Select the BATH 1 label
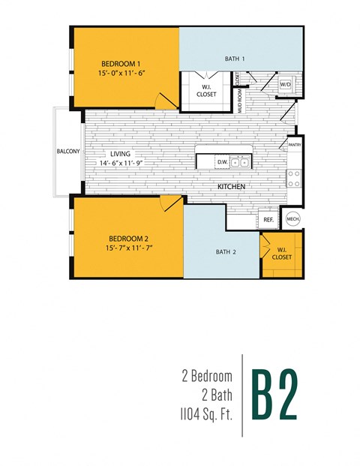pos(235,58)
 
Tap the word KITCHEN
pos(233,185)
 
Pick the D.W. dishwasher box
pos(222,161)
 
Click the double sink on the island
pos(240,161)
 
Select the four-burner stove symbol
pos(295,178)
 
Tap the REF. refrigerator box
pos(268,220)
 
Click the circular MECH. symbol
pos(293,220)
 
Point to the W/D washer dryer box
pos(286,86)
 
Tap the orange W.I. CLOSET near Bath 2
pos(282,253)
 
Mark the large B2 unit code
pos(276,393)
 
